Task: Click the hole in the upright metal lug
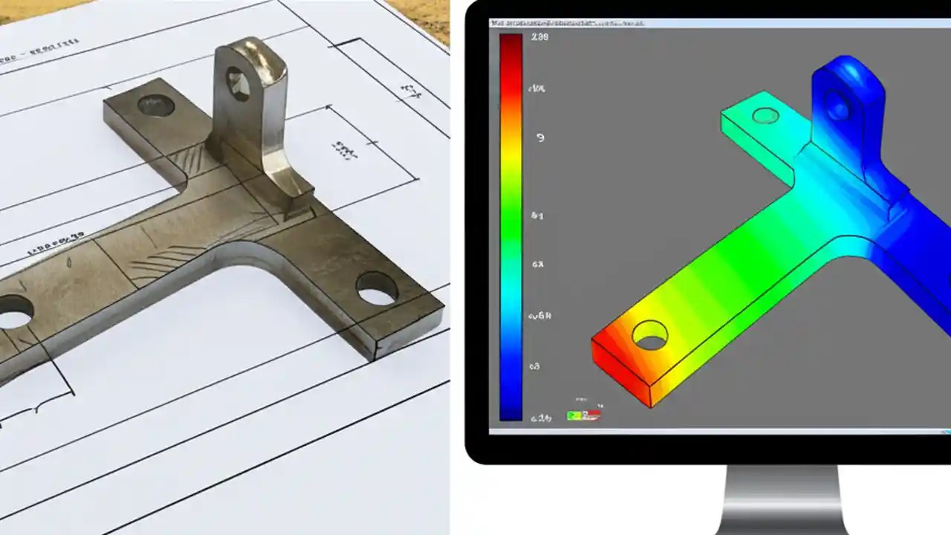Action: click(x=238, y=83)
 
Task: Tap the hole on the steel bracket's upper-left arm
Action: click(x=156, y=106)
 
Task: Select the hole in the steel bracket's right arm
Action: click(x=377, y=288)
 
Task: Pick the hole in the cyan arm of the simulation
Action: click(x=765, y=115)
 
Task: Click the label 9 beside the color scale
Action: click(x=540, y=138)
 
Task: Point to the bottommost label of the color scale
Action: click(x=540, y=418)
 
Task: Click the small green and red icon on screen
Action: click(x=583, y=415)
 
